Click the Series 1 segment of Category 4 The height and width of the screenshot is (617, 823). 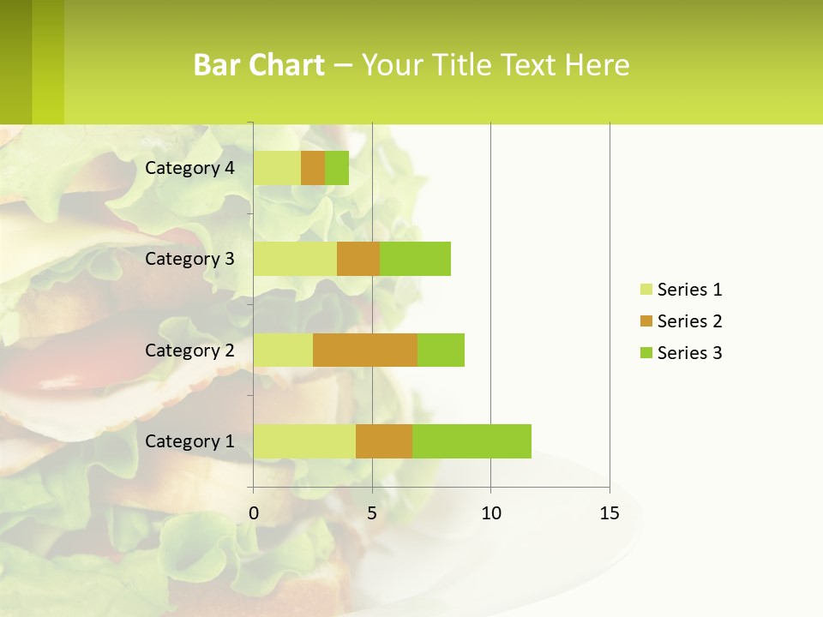click(277, 168)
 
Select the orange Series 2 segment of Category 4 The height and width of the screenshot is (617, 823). click(313, 168)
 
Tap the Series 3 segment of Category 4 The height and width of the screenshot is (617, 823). click(337, 168)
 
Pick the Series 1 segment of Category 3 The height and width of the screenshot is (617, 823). click(295, 259)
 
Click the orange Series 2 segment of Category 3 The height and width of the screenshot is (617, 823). click(358, 259)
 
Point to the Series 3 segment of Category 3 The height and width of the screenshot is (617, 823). click(415, 259)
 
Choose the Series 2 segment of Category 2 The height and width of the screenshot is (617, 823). click(365, 350)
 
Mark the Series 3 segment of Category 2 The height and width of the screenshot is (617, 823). click(441, 350)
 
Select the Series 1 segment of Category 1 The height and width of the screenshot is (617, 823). click(304, 441)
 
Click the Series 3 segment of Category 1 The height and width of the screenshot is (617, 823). click(472, 441)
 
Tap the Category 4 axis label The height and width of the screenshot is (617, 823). click(189, 168)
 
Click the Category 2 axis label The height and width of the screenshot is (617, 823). click(189, 350)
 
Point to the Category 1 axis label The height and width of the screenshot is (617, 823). click(189, 441)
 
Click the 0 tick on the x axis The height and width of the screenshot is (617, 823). click(254, 513)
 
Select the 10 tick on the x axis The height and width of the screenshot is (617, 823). click(490, 513)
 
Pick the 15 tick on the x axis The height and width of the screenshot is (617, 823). click(610, 513)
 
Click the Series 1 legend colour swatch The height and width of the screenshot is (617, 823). click(646, 290)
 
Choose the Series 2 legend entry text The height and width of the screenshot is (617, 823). click(689, 321)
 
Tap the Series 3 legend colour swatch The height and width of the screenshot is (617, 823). click(646, 353)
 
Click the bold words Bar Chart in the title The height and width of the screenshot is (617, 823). click(259, 65)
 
